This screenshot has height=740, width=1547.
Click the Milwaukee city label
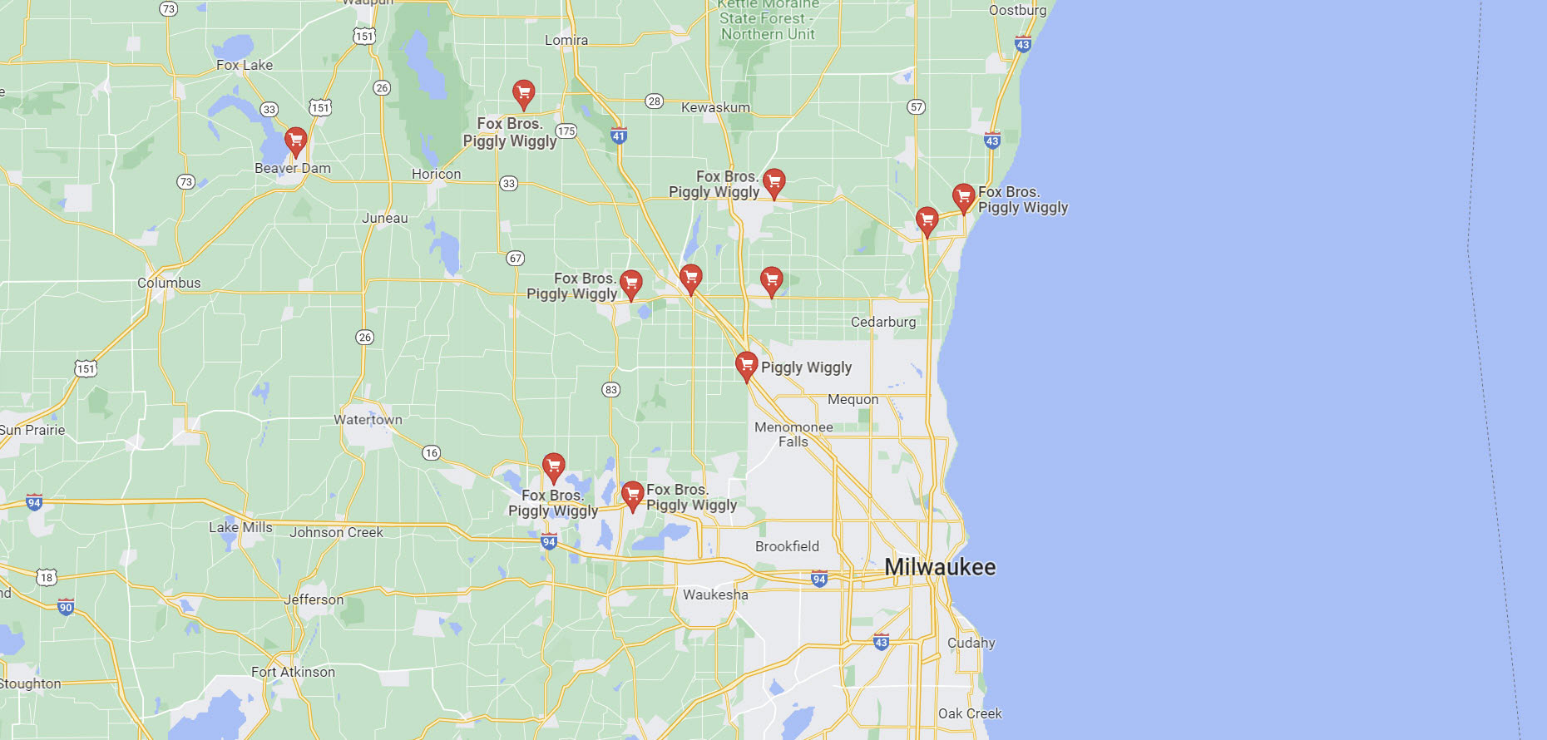click(x=940, y=567)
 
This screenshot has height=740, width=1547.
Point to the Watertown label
click(x=368, y=420)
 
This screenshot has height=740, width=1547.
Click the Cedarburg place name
click(x=883, y=322)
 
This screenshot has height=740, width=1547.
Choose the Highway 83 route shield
click(x=611, y=389)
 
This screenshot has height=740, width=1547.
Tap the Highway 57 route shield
click(x=916, y=106)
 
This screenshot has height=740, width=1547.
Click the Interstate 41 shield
click(x=618, y=136)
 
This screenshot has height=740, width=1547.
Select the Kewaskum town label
click(x=715, y=107)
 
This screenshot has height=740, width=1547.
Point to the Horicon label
click(x=436, y=174)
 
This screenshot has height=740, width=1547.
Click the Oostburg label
click(x=1017, y=10)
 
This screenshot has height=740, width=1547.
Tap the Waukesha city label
click(x=715, y=594)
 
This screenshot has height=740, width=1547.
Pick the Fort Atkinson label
click(x=293, y=672)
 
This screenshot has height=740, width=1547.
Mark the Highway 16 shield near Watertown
click(x=431, y=452)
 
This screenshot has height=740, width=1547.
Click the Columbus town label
click(x=169, y=283)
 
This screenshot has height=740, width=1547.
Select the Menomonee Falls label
click(x=793, y=434)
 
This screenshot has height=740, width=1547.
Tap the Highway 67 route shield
click(x=516, y=258)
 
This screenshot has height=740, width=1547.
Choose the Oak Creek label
click(x=970, y=713)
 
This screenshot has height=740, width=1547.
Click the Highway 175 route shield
click(x=566, y=131)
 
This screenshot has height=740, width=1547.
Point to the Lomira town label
click(x=566, y=40)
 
